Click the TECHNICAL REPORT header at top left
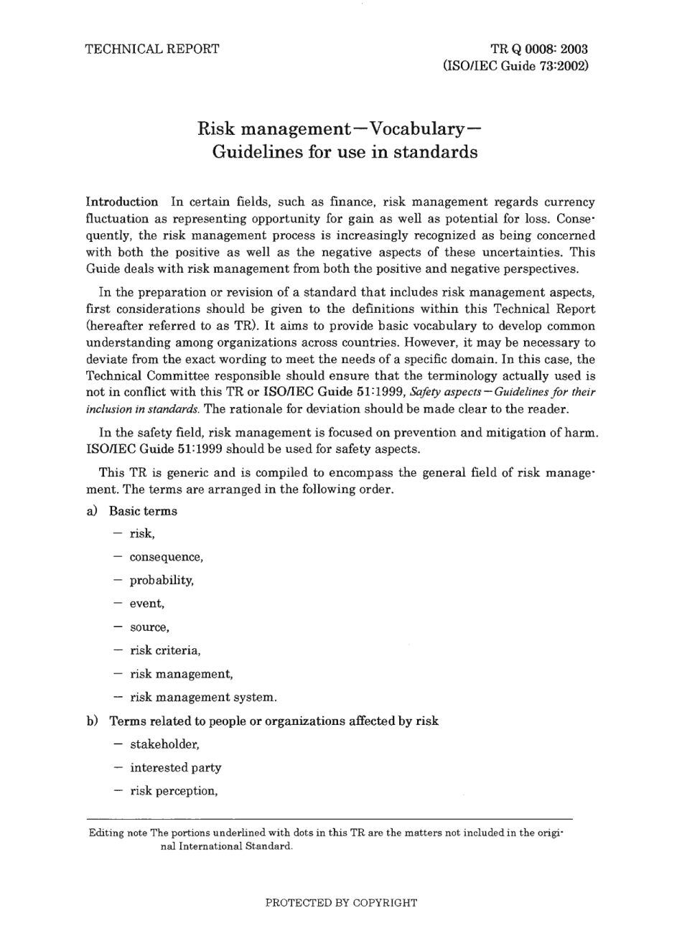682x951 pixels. click(x=152, y=49)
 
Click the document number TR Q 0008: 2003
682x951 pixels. click(x=539, y=49)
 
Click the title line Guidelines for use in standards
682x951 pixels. click(x=345, y=152)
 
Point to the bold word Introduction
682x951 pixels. click(x=122, y=202)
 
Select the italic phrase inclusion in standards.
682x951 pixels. click(x=143, y=409)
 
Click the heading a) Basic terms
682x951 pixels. click(x=132, y=511)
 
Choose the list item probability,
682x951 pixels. click(x=162, y=580)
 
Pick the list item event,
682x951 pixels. click(x=147, y=604)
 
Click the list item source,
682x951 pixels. click(x=149, y=627)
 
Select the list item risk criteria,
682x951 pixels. click(x=165, y=650)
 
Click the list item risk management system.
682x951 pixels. click(x=203, y=697)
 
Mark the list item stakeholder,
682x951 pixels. click(x=164, y=744)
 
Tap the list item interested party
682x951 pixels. click(x=176, y=767)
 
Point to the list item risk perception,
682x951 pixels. click(x=174, y=791)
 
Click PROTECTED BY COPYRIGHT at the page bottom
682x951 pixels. click(x=341, y=903)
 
